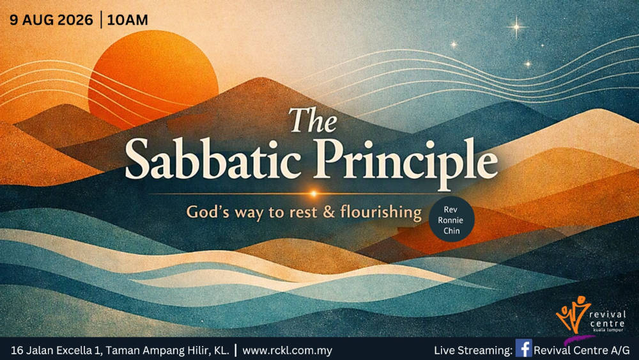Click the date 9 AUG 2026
pyautogui.click(x=51, y=20)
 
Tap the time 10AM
pyautogui.click(x=128, y=20)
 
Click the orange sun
pyautogui.click(x=153, y=77)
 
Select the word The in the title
pyautogui.click(x=313, y=120)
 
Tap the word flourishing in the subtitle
pyautogui.click(x=381, y=212)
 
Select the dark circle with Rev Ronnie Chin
pyautogui.click(x=452, y=220)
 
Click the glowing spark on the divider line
pyautogui.click(x=313, y=194)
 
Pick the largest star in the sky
pyautogui.click(x=516, y=27)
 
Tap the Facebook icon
pyautogui.click(x=524, y=348)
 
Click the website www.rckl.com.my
pyautogui.click(x=288, y=350)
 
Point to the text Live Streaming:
pyautogui.click(x=473, y=350)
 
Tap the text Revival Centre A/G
pyautogui.click(x=581, y=350)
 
